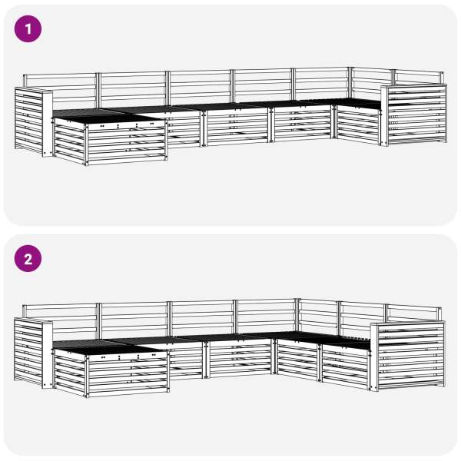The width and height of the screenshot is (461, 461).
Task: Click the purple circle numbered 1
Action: [28, 29]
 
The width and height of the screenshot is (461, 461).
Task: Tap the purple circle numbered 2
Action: [28, 258]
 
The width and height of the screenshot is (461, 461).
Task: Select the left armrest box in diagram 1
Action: [34, 121]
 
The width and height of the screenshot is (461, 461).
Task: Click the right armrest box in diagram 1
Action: [414, 114]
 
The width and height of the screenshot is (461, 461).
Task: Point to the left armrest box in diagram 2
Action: [33, 353]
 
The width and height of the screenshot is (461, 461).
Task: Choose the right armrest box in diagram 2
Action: [407, 357]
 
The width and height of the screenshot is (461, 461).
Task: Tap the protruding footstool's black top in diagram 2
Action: [104, 347]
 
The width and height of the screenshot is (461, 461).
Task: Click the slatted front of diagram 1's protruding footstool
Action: [127, 143]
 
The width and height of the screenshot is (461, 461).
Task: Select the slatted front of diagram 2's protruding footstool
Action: [128, 374]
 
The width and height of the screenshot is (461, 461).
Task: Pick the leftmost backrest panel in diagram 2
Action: [60, 320]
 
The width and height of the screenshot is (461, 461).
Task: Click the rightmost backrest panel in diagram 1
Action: [419, 77]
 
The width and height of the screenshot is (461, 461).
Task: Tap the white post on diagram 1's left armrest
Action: [48, 124]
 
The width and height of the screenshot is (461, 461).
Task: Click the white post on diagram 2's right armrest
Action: [374, 357]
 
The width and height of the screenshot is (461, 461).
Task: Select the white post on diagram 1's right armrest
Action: [384, 116]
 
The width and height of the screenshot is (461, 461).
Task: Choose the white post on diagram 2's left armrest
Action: [48, 355]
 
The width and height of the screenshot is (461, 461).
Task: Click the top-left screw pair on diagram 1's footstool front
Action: [102, 126]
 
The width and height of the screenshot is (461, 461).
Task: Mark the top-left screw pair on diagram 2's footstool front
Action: [103, 357]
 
